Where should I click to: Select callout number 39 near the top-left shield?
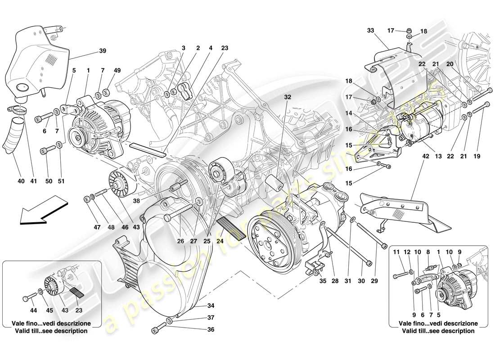[102, 51]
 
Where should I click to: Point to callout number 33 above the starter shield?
[370, 31]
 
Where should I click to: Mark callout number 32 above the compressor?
[288, 97]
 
